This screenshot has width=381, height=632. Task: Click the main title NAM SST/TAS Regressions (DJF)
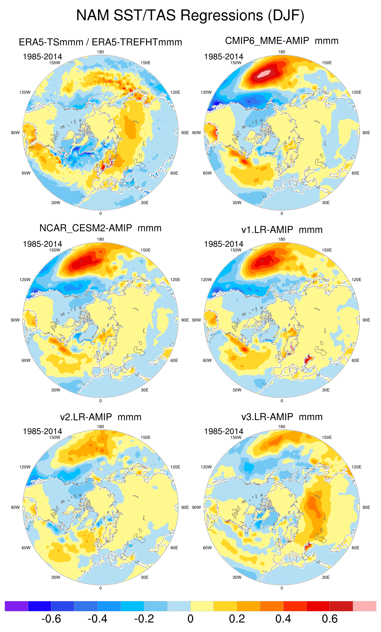190,15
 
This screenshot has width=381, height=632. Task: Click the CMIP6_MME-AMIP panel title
282,41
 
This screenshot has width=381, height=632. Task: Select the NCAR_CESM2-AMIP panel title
100,228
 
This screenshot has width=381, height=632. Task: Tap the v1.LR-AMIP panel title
282,230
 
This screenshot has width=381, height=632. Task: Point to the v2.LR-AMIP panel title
101,417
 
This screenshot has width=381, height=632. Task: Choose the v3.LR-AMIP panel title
282,417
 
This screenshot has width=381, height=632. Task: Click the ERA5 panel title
100,42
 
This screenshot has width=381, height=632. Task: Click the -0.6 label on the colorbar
51,619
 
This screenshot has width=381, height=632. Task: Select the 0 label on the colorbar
190,619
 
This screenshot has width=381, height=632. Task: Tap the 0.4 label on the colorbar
283,619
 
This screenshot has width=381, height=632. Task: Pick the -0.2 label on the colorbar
144,619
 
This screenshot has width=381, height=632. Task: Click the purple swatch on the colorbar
16,606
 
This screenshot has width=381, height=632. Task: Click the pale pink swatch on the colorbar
364,606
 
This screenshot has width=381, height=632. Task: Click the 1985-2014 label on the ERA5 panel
42,57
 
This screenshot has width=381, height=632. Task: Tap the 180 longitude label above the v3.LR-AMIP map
282,426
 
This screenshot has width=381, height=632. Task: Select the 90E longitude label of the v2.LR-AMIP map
185,507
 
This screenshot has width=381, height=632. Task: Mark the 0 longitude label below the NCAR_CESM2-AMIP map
101,401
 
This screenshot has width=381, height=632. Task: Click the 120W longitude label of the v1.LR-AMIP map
206,280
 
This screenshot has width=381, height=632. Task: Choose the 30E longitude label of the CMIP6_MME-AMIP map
326,203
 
